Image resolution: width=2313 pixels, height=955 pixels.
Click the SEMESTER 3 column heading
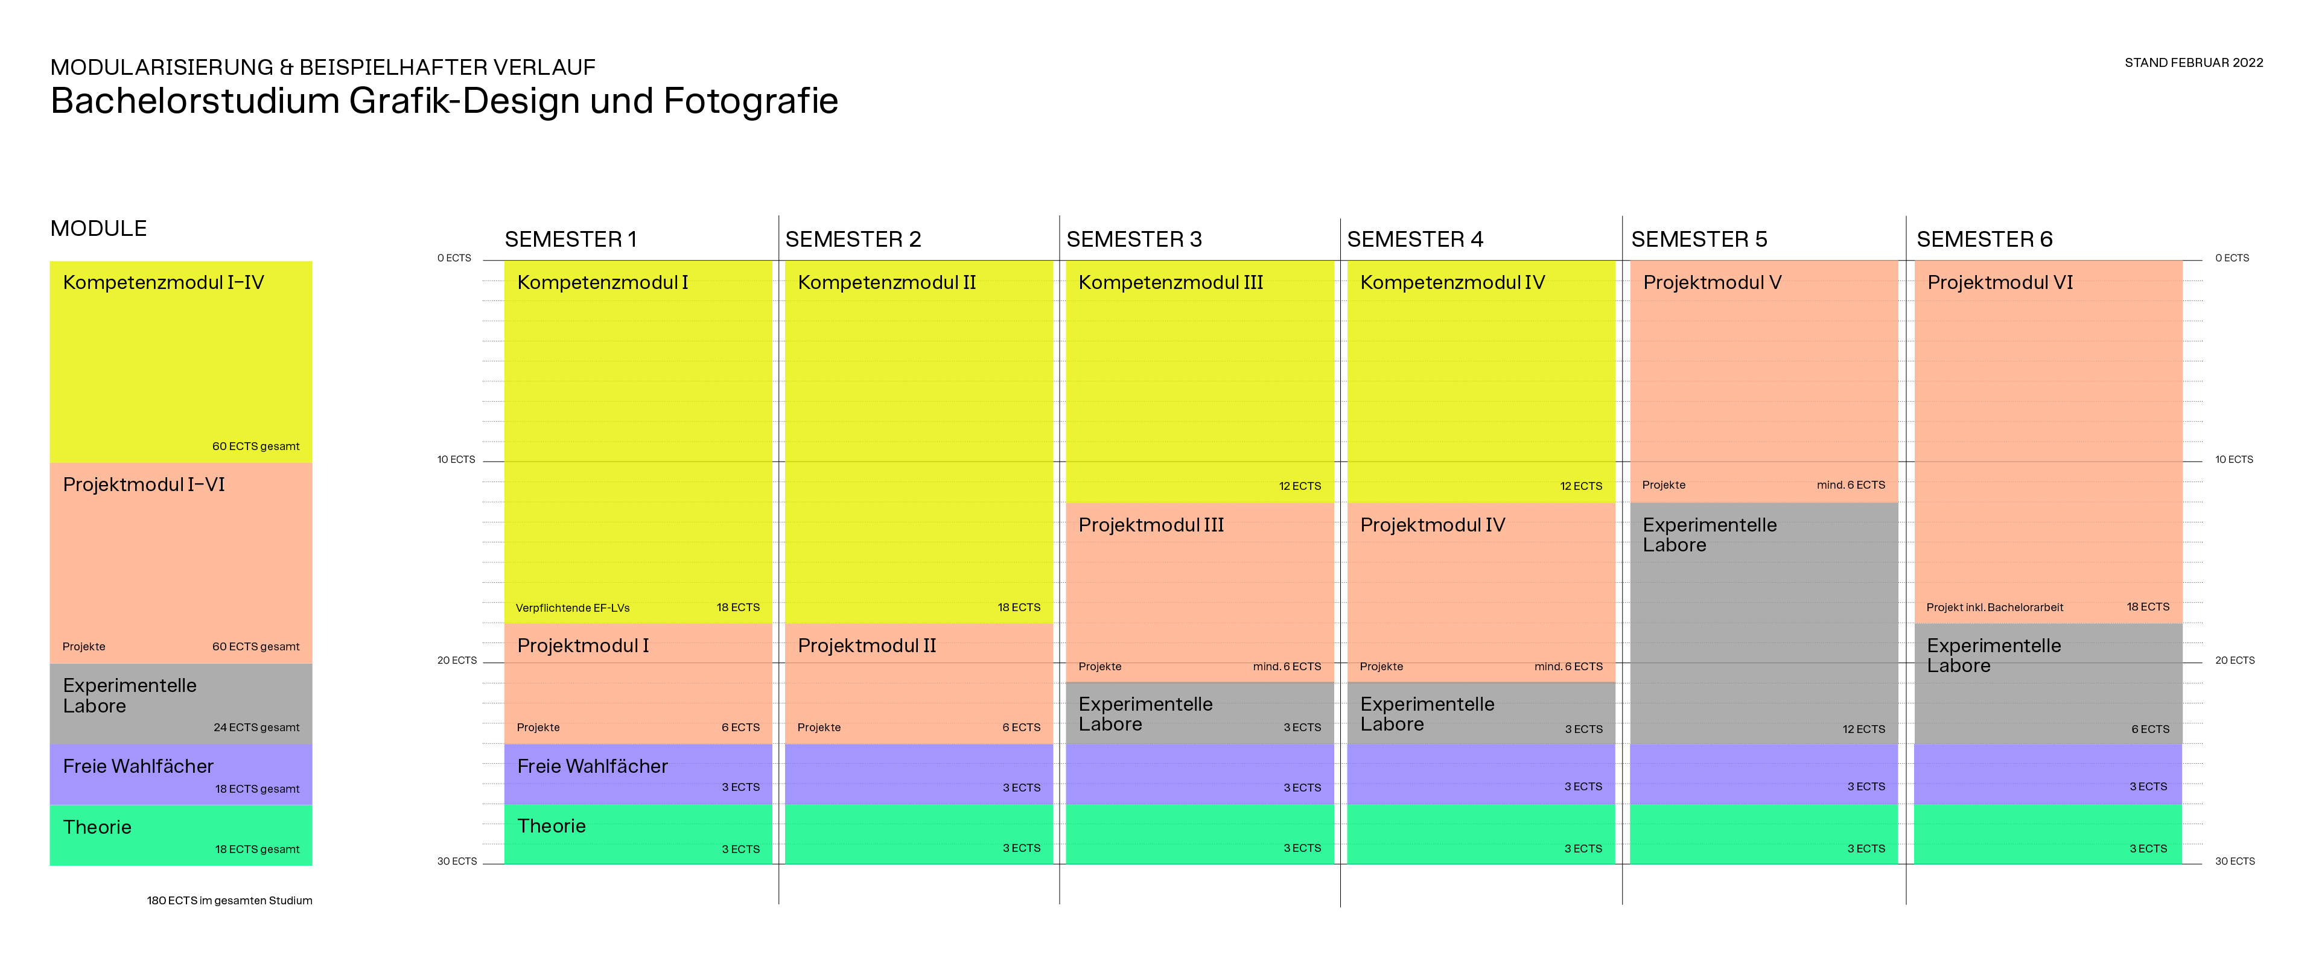coord(1133,240)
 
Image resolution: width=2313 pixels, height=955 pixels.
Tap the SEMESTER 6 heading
coord(1984,240)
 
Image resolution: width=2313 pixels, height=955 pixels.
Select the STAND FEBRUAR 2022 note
coord(2193,63)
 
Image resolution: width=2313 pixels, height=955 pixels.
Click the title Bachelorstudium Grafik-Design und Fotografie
coord(444,101)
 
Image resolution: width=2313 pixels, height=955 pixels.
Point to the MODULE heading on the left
coord(99,229)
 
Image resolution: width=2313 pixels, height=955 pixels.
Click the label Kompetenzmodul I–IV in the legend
coord(164,283)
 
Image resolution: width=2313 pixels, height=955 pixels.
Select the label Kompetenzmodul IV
coord(1452,283)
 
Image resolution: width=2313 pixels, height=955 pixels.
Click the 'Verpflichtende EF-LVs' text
coord(572,608)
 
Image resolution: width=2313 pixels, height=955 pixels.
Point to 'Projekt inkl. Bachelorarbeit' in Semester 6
coord(1994,608)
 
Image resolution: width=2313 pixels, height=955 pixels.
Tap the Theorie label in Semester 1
coord(552,826)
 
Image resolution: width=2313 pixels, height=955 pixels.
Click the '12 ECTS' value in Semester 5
coord(1863,729)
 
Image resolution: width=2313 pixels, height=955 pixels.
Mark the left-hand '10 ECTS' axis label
coord(456,460)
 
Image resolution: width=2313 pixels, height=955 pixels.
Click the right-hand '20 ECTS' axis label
coord(2234,661)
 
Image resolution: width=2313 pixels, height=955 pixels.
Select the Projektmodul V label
coord(1711,283)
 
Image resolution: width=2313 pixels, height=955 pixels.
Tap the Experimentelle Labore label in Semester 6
coord(1993,655)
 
